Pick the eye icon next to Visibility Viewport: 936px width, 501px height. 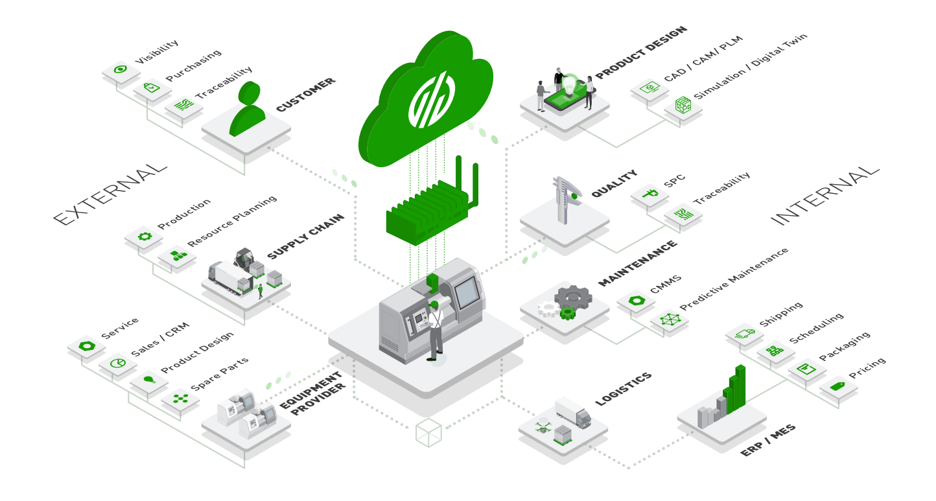tap(120, 69)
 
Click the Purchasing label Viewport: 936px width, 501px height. tap(193, 65)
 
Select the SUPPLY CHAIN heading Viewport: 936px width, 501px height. tap(305, 237)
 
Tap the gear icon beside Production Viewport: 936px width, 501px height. tap(144, 237)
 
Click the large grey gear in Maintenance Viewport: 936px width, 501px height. tap(572, 297)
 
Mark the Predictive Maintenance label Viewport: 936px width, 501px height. tap(734, 279)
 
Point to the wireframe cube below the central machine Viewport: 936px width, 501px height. tap(428, 432)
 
